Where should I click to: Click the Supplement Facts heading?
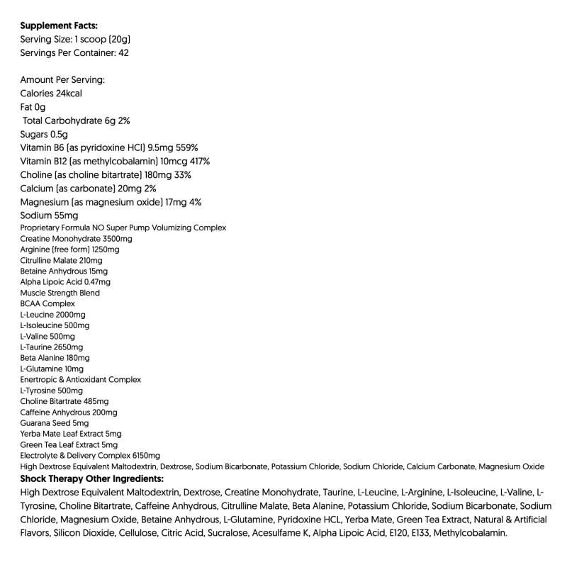60,26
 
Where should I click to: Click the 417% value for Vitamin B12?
195,161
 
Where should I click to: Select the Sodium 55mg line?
49,215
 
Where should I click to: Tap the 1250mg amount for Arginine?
104,249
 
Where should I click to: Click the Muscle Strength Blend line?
60,293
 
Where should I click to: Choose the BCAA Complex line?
47,303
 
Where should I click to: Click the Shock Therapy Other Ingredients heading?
92,478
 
